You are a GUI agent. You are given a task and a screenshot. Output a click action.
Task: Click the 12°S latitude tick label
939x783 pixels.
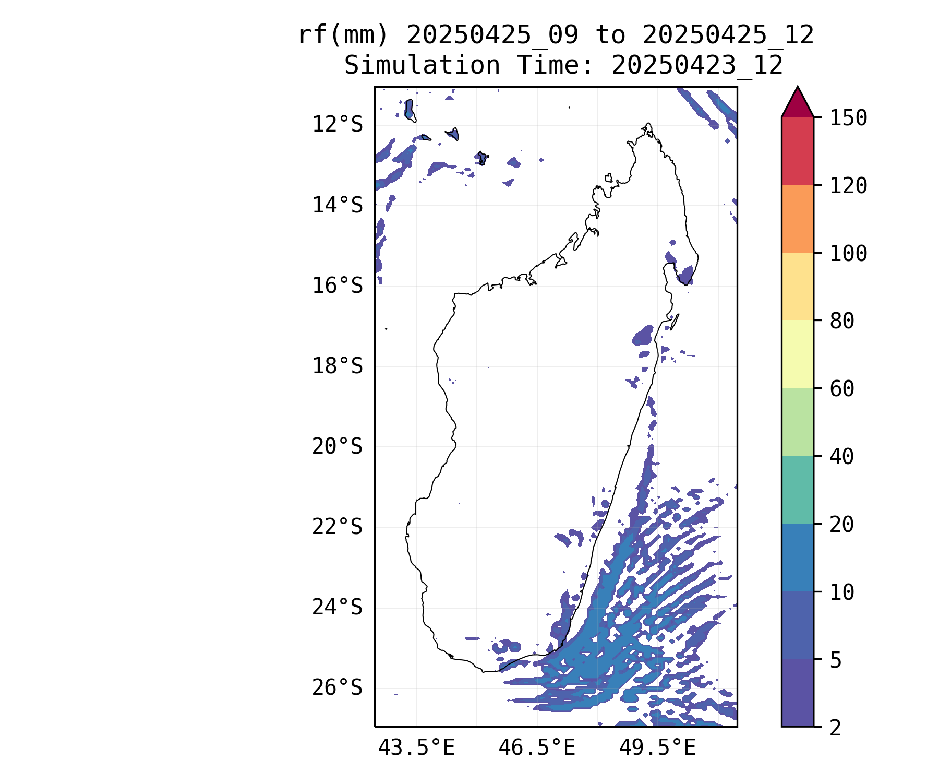[337, 125]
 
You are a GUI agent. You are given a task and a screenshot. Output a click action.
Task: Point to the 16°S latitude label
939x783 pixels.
[337, 286]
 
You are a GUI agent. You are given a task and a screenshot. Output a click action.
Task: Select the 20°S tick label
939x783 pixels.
[337, 447]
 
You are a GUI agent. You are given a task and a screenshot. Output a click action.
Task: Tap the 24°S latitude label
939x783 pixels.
[337, 608]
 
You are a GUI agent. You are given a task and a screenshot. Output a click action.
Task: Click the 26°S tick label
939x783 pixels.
[337, 688]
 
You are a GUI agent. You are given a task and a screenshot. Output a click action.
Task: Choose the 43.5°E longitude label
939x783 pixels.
[416, 748]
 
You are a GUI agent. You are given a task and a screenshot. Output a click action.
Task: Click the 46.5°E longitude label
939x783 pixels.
[537, 748]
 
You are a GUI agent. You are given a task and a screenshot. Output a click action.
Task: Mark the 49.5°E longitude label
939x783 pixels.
[657, 748]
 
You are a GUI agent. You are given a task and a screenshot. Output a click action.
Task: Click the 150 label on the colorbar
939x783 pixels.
[848, 118]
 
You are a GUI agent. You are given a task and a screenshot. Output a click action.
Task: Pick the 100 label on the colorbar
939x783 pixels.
[848, 254]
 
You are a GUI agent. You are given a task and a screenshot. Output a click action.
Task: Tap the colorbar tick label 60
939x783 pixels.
[842, 389]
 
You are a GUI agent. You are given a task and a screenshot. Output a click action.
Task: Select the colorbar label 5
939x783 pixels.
[836, 660]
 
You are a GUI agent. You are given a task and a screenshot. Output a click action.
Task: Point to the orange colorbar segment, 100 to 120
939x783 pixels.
[797, 219]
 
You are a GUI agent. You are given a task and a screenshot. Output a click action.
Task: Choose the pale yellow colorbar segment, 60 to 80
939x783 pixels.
[797, 354]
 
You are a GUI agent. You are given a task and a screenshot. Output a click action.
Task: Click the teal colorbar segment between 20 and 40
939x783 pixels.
[797, 490]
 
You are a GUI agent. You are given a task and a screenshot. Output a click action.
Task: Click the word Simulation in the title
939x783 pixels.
[422, 66]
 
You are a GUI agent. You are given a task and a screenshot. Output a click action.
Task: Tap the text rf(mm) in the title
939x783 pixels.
[343, 35]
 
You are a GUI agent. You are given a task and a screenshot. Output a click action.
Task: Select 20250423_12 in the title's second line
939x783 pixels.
[697, 66]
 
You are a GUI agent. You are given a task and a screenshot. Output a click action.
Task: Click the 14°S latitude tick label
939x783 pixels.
[337, 205]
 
